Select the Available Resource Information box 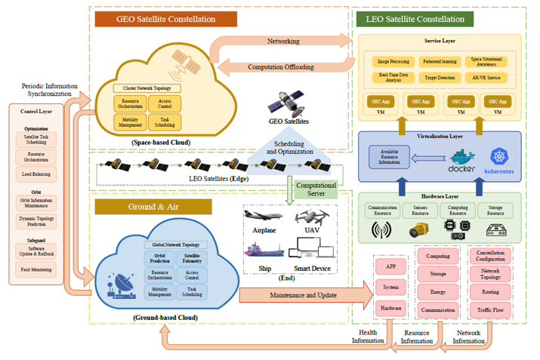coord(389,157)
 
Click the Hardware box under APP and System coord(391,309)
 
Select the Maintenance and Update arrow coord(302,294)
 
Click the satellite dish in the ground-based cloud coord(122,281)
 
